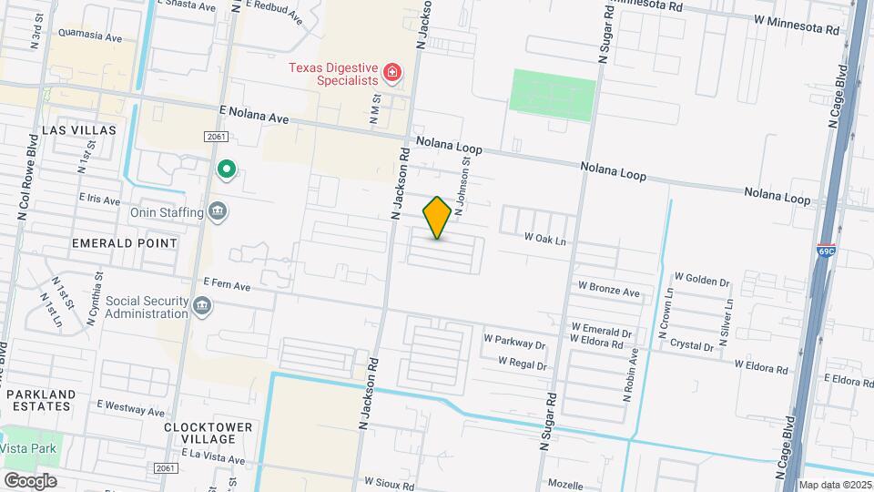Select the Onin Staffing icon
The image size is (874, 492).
(x=218, y=211)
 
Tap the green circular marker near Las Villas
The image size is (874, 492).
(x=226, y=169)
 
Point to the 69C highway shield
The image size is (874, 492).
(x=826, y=251)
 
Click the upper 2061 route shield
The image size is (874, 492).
(x=215, y=137)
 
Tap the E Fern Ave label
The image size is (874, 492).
(x=227, y=285)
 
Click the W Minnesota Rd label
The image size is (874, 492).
(x=797, y=25)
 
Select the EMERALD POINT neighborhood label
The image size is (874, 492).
(x=125, y=243)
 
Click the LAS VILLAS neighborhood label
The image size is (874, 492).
(x=79, y=130)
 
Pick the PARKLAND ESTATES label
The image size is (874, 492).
(x=39, y=400)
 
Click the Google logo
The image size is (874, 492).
(x=29, y=481)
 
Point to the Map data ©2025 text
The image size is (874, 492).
(x=836, y=485)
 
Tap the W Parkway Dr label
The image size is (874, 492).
(x=514, y=345)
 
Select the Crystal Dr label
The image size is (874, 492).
(x=692, y=346)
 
